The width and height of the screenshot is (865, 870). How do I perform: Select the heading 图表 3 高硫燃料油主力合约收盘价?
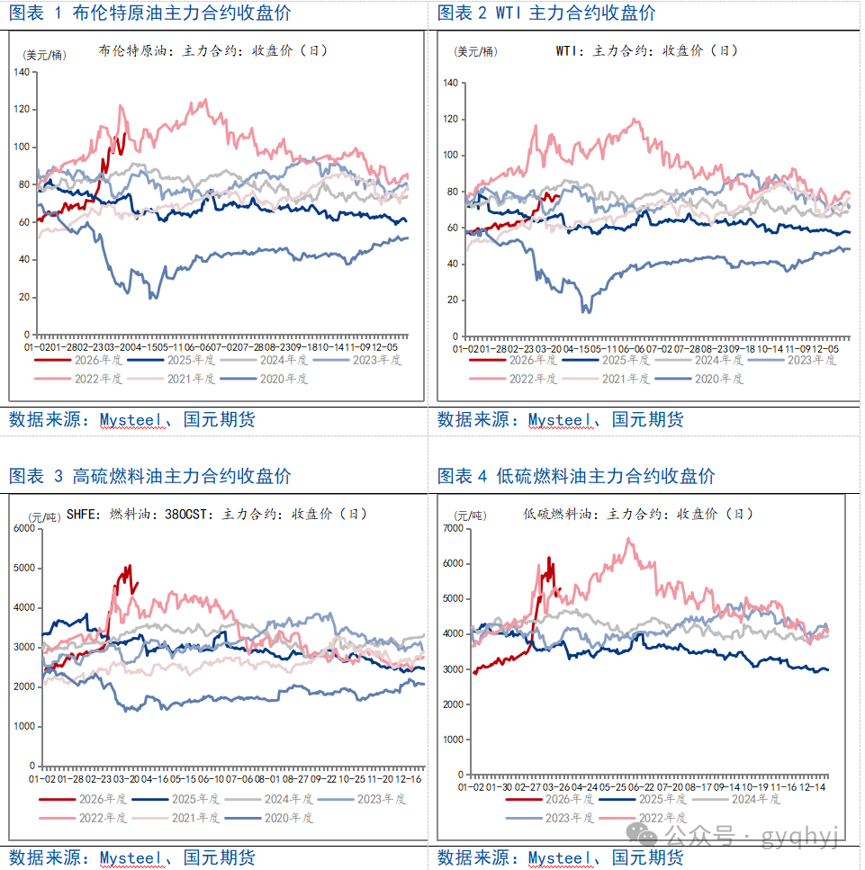click(x=149, y=476)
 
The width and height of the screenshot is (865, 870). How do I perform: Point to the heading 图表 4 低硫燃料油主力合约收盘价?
click(x=576, y=476)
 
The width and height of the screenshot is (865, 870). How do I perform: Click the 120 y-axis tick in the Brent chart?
click(x=23, y=109)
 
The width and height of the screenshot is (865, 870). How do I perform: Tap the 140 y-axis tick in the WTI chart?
click(x=450, y=83)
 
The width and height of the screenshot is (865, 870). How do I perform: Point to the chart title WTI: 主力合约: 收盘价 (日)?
click(x=646, y=51)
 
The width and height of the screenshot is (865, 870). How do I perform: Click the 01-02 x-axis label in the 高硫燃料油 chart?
click(x=42, y=779)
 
